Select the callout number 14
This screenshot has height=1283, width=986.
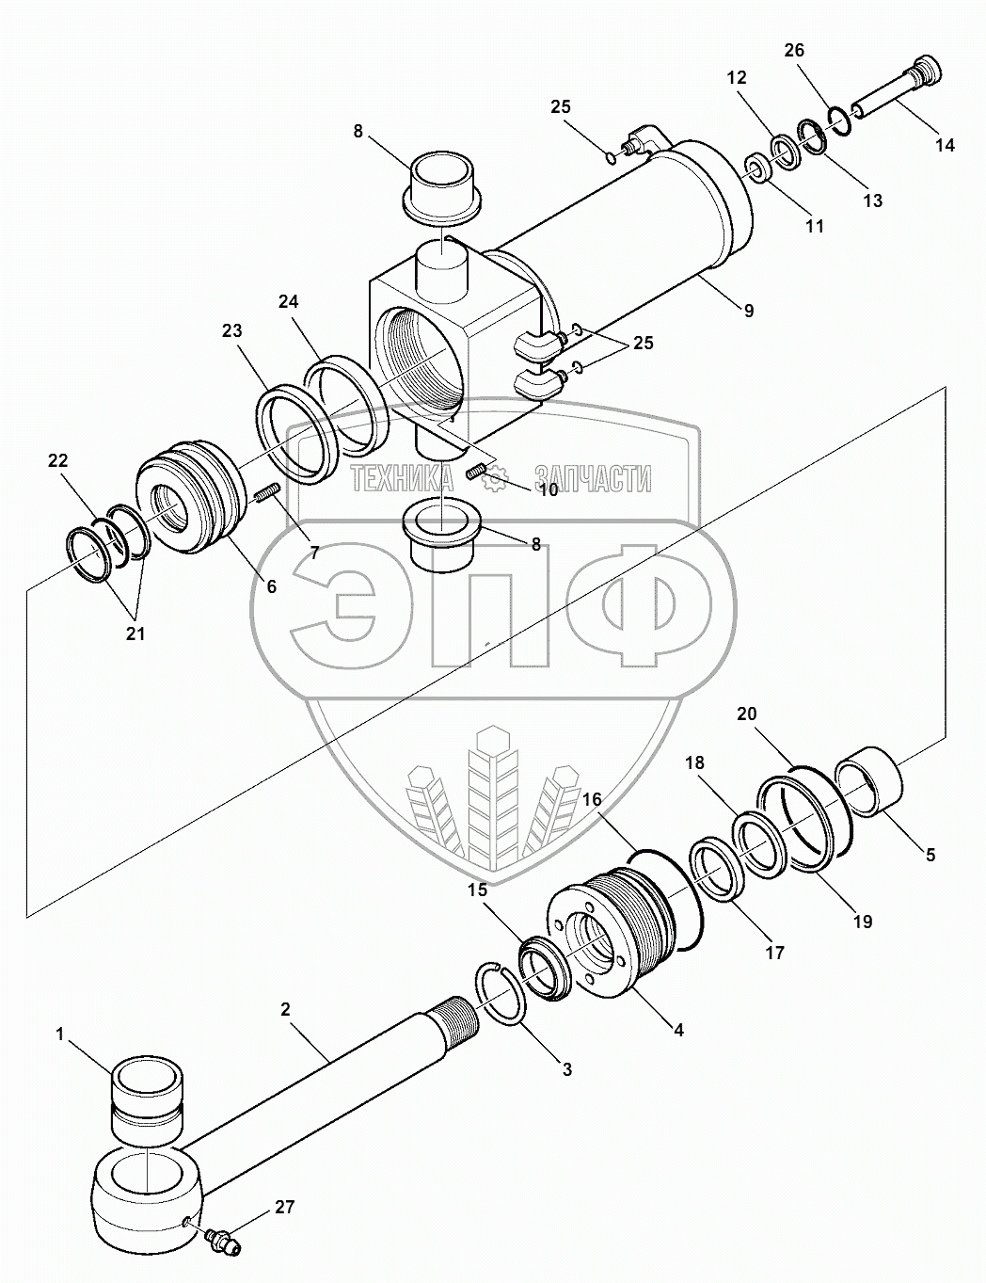click(945, 144)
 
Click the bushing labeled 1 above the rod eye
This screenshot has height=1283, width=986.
click(148, 1097)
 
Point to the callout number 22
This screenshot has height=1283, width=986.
click(58, 459)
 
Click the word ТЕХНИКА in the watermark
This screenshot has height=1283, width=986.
click(402, 480)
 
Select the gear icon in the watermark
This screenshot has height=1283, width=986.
click(494, 480)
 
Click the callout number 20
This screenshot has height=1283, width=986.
click(746, 714)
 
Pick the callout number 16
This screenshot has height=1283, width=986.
click(593, 800)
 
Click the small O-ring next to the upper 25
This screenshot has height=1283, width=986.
click(611, 157)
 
